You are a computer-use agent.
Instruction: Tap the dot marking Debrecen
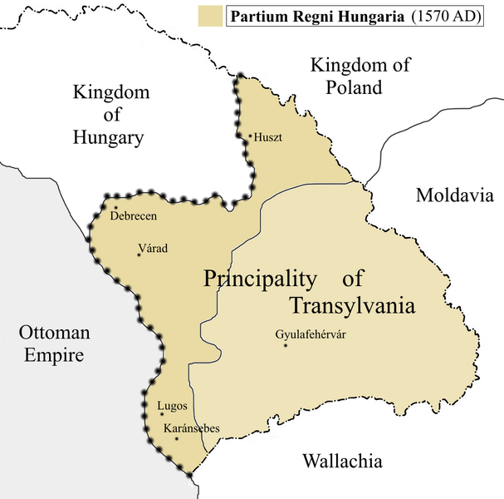tap(116, 207)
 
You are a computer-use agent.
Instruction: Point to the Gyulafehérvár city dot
tap(285, 345)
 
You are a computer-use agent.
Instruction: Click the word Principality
tap(260, 279)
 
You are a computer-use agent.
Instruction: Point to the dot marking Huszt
tap(250, 136)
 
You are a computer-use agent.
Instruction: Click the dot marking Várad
tap(139, 254)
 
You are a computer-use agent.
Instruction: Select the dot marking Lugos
tap(160, 413)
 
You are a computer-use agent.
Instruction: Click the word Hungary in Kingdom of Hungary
tap(108, 138)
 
